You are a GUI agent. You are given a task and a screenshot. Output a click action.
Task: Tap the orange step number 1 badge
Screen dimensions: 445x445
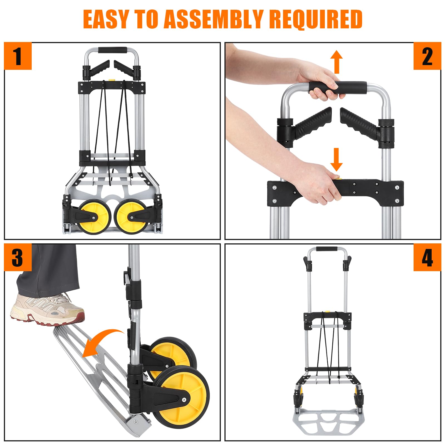click(x=18, y=56)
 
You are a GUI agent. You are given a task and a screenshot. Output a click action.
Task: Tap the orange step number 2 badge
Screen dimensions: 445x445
click(x=427, y=56)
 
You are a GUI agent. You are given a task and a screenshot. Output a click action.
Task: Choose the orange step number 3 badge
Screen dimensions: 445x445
click(x=18, y=257)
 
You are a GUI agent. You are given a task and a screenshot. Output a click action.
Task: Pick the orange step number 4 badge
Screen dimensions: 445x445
click(x=427, y=257)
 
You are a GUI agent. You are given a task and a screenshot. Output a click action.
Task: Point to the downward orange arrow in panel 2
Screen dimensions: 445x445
click(x=336, y=159)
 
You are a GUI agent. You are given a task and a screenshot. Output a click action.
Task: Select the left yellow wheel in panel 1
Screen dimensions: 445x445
click(x=93, y=216)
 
